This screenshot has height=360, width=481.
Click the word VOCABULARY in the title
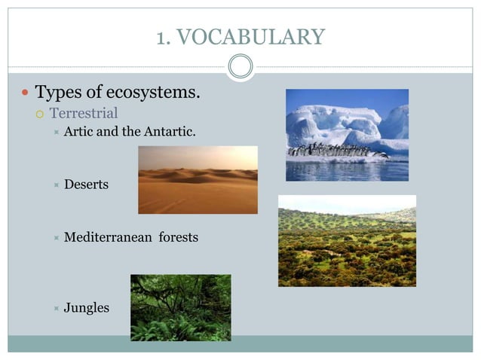[253, 36]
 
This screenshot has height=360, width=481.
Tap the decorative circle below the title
[240, 67]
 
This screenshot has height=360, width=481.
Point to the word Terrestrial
[84, 114]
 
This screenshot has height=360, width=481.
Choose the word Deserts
[86, 185]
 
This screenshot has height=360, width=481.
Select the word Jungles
[87, 308]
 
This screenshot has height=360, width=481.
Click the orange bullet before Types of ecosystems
[25, 94]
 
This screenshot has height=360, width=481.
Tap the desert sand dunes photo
[198, 180]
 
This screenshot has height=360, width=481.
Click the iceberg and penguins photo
[347, 135]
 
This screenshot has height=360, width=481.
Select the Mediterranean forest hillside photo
[347, 241]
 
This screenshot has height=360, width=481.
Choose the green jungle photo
[181, 307]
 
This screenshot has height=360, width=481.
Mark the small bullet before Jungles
[57, 309]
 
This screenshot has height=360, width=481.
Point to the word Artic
[79, 132]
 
